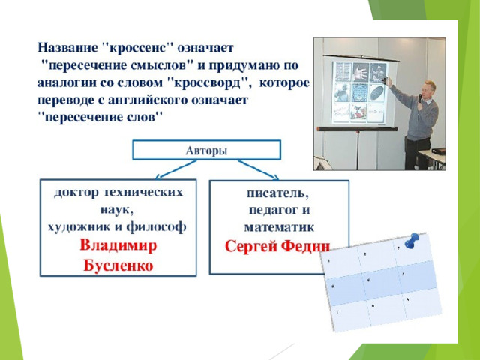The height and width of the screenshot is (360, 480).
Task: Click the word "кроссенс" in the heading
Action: (137, 48)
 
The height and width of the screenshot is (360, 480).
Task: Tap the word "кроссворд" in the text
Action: (208, 83)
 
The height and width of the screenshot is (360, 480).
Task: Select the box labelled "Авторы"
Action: (207, 150)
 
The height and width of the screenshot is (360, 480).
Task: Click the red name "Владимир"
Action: (118, 245)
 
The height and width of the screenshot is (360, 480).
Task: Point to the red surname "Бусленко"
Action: (118, 265)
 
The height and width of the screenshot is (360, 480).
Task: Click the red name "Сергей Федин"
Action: (277, 246)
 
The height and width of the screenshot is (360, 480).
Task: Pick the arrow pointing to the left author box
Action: (175, 169)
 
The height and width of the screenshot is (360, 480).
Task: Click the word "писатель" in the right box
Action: (277, 193)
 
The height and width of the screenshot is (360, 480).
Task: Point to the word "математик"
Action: (279, 227)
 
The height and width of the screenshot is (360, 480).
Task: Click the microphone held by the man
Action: (420, 98)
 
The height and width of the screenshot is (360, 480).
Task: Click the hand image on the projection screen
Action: (360, 72)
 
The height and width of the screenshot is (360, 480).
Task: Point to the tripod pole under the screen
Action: (358, 150)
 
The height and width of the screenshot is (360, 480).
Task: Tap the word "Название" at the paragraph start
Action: (67, 48)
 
